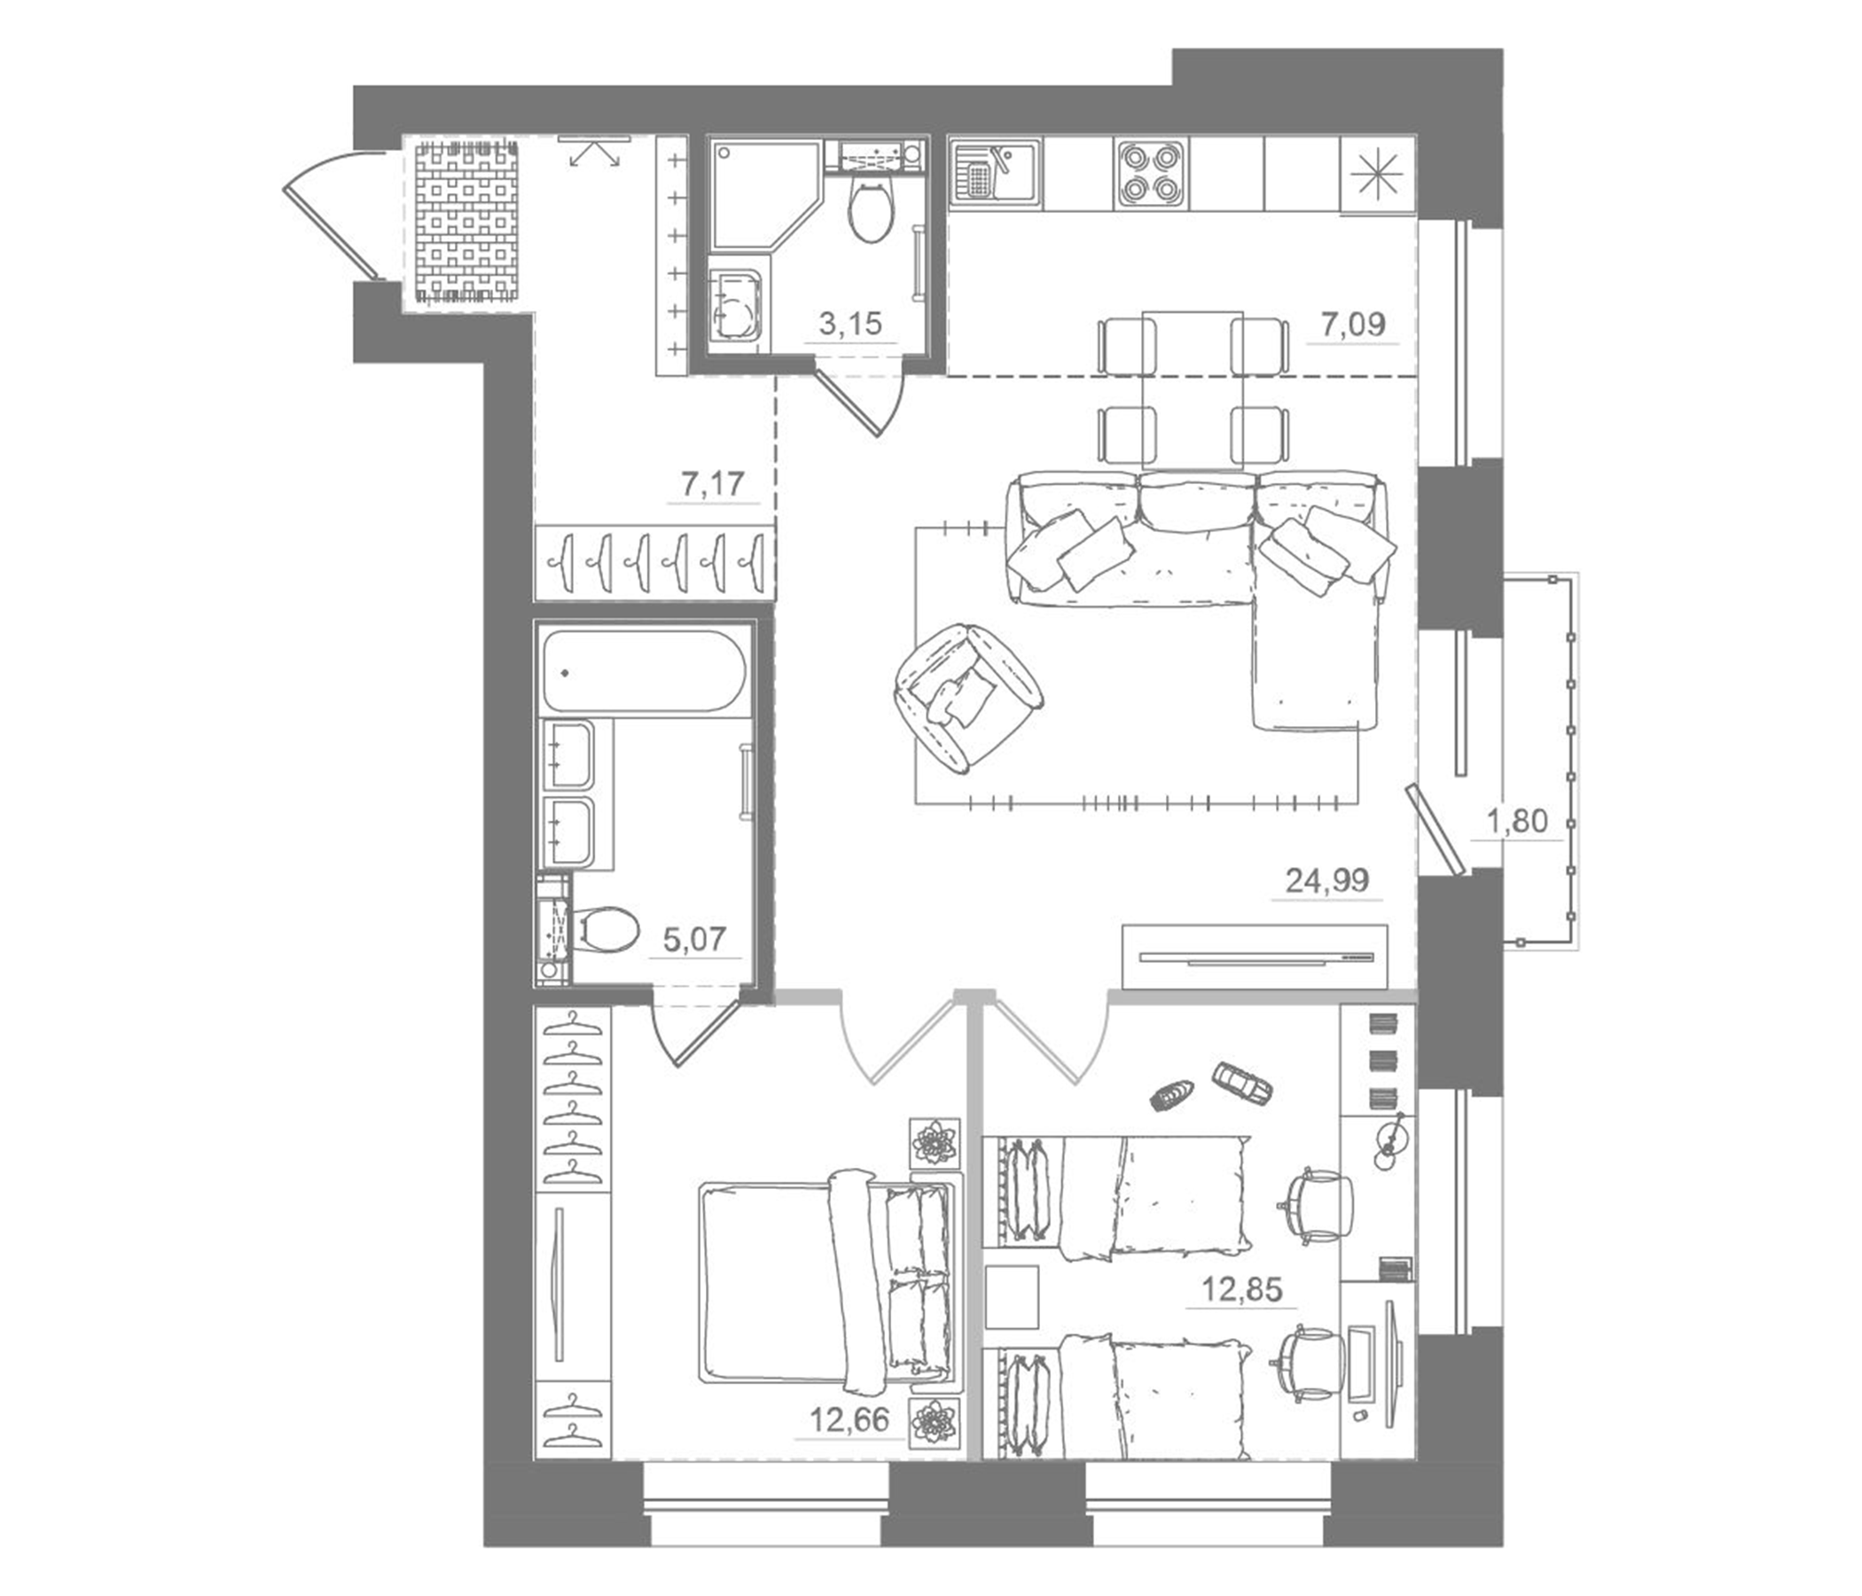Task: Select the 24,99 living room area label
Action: coord(1327,880)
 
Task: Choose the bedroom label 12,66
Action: coord(849,1420)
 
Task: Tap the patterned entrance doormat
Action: coord(467,220)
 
